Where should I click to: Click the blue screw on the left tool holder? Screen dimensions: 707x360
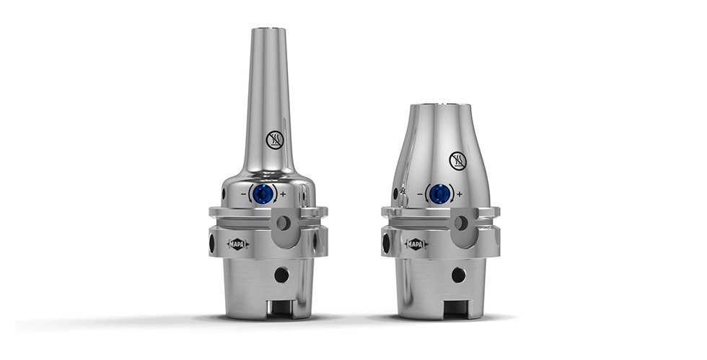click(x=263, y=194)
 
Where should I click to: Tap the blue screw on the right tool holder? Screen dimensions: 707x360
click(x=439, y=194)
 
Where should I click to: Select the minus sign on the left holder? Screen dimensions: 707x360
click(x=244, y=195)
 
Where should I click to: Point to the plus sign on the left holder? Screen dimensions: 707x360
click(x=283, y=195)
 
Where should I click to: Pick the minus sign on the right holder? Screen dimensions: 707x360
click(x=420, y=195)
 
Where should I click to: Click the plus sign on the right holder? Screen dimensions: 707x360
click(x=460, y=195)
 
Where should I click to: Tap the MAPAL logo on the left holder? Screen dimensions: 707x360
click(x=238, y=245)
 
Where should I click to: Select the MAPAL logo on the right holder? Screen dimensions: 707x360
click(x=416, y=245)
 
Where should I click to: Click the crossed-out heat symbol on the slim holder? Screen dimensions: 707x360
click(x=275, y=140)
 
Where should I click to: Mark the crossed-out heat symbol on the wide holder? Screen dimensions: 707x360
click(x=457, y=161)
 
